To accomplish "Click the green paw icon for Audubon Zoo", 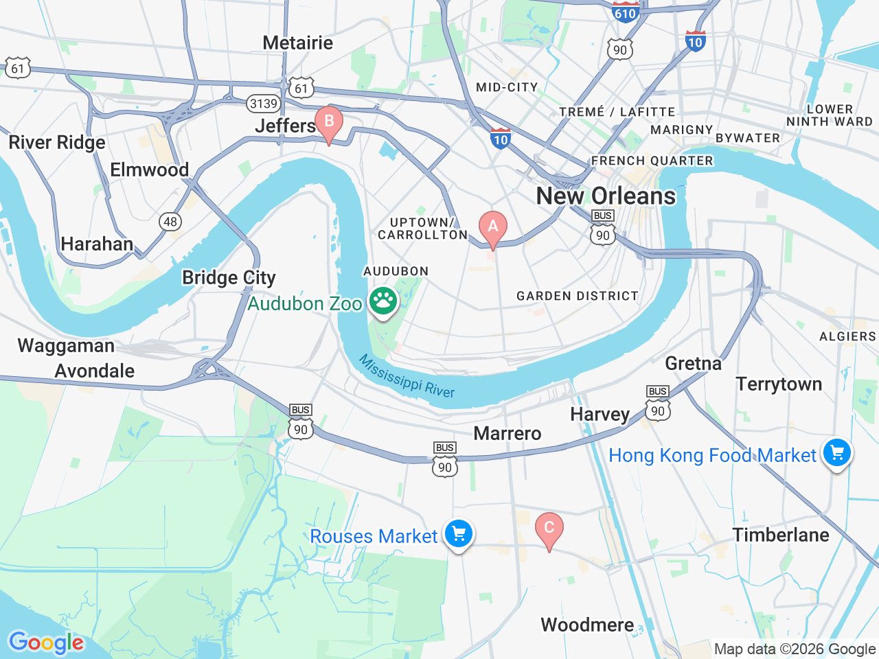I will (x=383, y=301).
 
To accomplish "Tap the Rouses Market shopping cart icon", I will (x=459, y=534).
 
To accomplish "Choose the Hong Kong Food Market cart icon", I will (x=836, y=453).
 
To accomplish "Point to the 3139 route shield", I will (x=264, y=104).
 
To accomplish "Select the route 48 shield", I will (x=170, y=221).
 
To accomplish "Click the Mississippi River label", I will (x=407, y=376).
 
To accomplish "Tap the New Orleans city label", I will (x=606, y=196).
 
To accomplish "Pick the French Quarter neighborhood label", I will (x=652, y=161).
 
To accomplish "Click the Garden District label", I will (x=577, y=296).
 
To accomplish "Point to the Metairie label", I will (x=297, y=43).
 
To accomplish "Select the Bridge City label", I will (x=229, y=277).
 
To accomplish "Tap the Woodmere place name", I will (x=587, y=625).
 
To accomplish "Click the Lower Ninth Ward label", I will (x=830, y=115).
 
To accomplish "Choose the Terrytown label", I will (x=779, y=384).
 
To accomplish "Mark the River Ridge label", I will (x=57, y=142).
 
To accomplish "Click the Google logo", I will (x=46, y=643).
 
